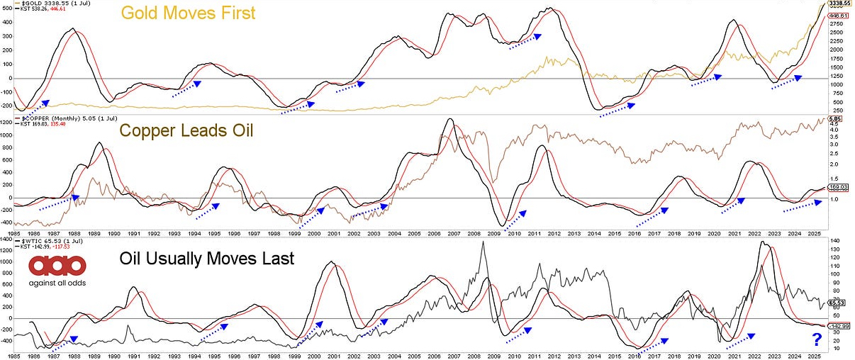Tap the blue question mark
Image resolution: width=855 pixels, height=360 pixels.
coord(816,341)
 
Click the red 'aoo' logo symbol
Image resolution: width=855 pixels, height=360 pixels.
coord(57,266)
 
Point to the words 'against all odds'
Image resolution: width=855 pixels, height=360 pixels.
coord(57,283)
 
